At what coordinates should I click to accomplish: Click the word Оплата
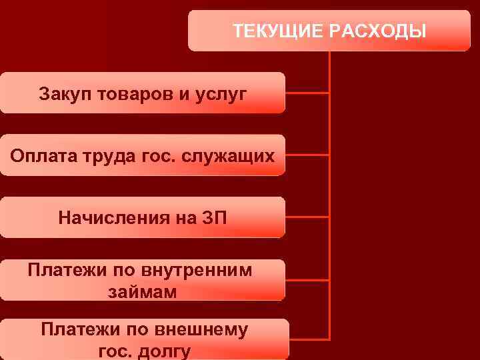[38, 155]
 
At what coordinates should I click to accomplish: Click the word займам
[142, 291]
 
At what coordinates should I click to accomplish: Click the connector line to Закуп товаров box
[307, 93]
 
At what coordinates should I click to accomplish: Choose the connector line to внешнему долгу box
[309, 339]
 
